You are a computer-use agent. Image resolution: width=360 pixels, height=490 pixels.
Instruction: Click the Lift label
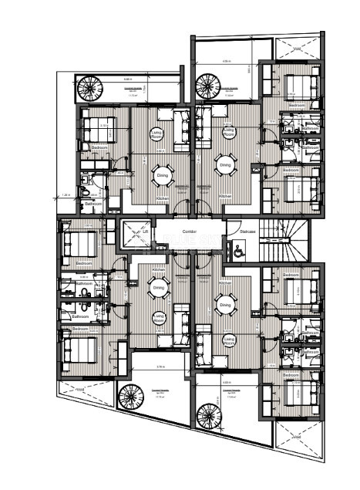[143, 231]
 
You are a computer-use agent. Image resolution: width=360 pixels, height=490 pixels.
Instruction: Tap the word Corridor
[192, 231]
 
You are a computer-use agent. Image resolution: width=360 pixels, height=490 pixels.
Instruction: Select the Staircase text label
[247, 230]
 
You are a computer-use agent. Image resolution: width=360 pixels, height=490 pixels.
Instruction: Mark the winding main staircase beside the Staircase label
[284, 239]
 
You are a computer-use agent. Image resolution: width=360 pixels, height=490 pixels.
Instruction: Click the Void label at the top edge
[298, 47]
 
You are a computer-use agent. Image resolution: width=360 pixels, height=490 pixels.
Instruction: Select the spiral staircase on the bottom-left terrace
[130, 397]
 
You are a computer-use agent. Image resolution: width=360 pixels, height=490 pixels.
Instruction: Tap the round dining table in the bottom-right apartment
[226, 306]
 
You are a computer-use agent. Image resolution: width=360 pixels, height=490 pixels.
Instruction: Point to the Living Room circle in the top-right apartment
[229, 133]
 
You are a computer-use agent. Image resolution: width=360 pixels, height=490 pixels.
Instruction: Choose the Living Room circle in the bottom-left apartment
[159, 317]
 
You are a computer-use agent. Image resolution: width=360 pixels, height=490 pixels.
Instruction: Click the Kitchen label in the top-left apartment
[163, 198]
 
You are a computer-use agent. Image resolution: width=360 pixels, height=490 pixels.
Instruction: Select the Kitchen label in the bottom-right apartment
[226, 272]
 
